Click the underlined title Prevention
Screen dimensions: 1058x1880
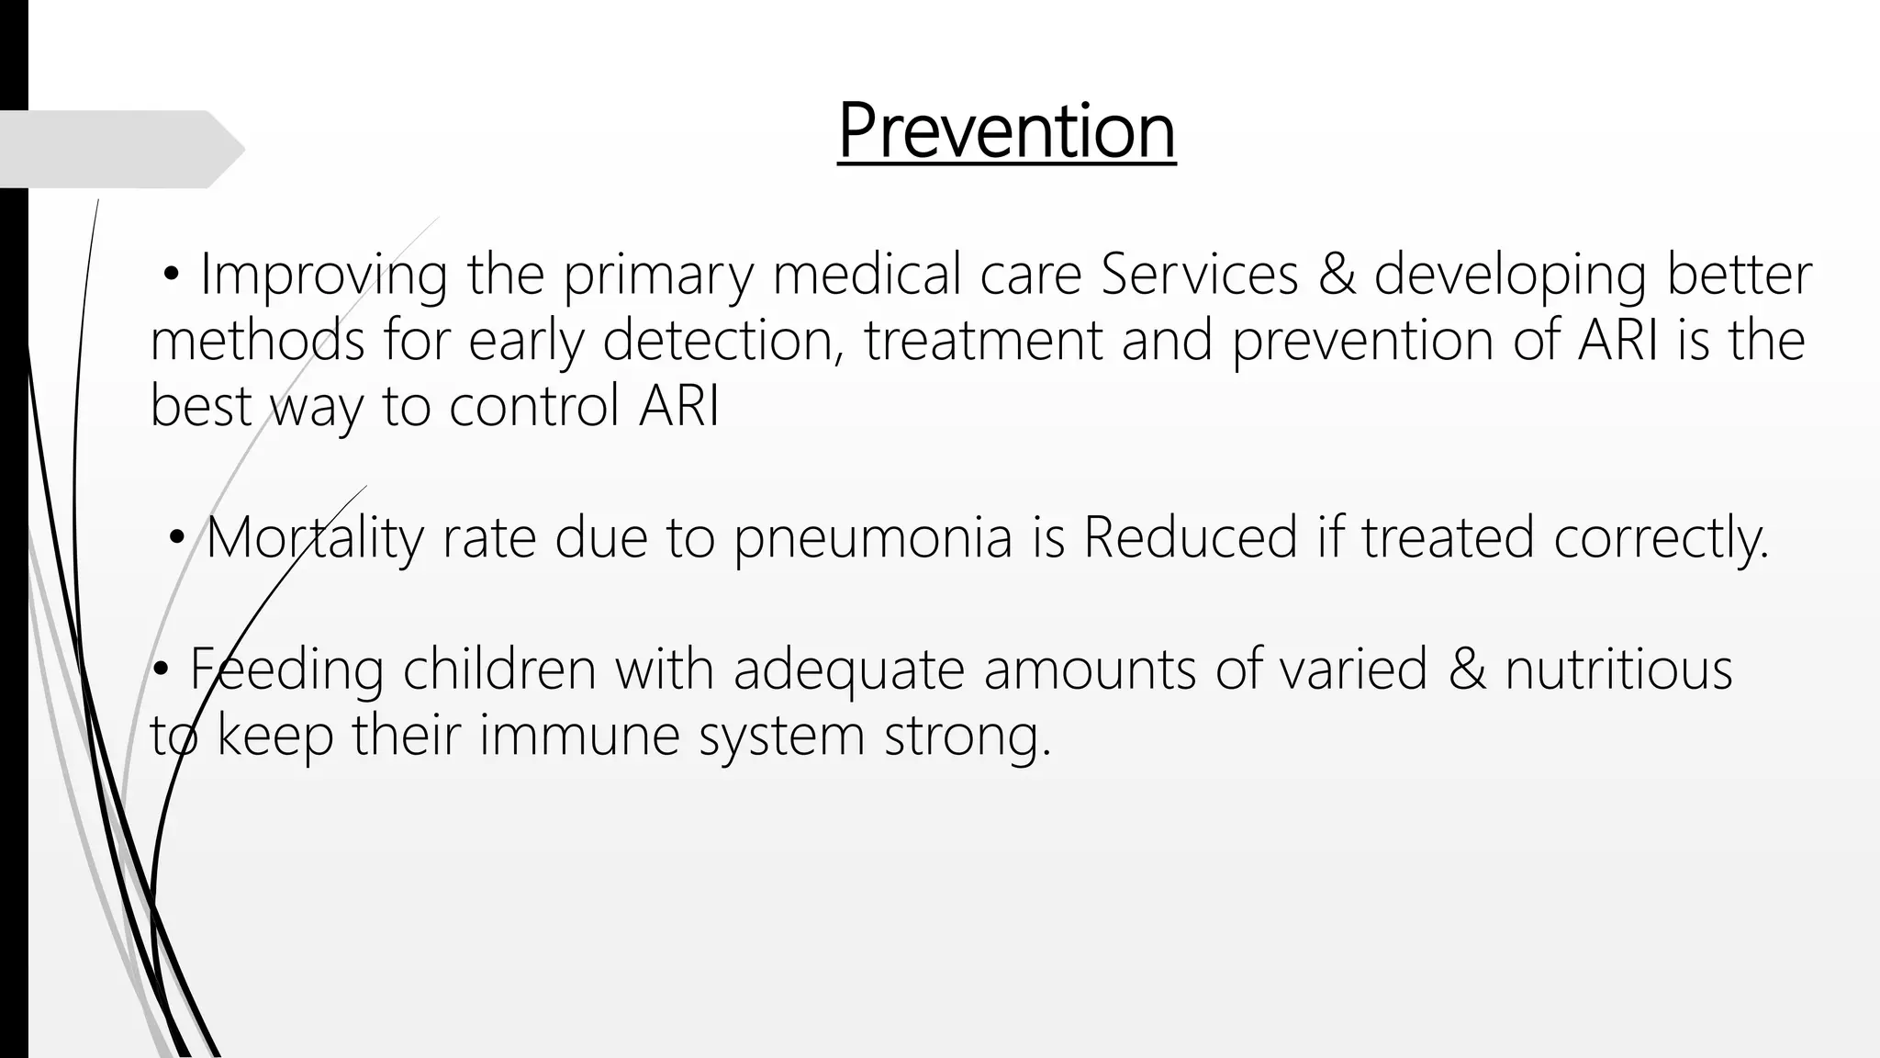coord(1006,132)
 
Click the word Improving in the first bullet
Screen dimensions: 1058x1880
coord(324,275)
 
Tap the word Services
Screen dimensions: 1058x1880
coord(1200,275)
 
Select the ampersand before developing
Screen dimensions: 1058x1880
coord(1337,275)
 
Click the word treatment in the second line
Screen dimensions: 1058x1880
coord(982,341)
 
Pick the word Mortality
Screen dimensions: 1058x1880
coord(314,538)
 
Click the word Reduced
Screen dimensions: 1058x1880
coord(1191,538)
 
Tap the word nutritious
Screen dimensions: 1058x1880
coord(1618,670)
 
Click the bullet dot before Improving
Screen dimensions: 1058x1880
coord(171,275)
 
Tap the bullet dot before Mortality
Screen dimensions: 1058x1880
coord(176,538)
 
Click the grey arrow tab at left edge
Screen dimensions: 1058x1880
coord(119,150)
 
